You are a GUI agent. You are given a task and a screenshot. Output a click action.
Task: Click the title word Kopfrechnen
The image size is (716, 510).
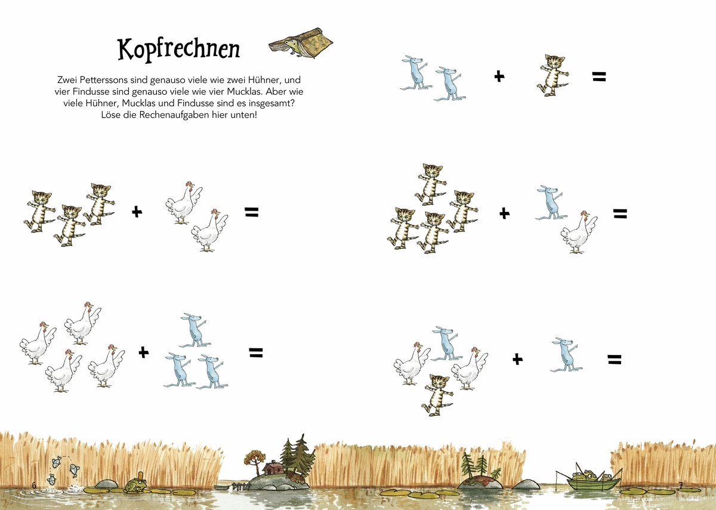(x=178, y=49)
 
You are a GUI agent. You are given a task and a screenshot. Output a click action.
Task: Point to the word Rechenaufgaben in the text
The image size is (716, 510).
(x=174, y=115)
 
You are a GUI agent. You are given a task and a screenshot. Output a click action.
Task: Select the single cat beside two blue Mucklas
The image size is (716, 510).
(x=553, y=75)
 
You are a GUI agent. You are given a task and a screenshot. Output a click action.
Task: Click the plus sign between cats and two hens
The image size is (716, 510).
(x=137, y=212)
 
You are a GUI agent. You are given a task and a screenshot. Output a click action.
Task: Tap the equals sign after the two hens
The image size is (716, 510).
(x=252, y=212)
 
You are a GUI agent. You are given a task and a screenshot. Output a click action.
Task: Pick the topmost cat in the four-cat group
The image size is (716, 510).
(x=431, y=184)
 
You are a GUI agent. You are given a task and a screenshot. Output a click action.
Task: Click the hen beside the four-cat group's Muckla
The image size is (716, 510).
(x=579, y=232)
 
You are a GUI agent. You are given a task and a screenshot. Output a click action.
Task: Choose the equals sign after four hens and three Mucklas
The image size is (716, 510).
(x=256, y=353)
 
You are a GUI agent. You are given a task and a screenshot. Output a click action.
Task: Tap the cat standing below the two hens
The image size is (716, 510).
(x=437, y=395)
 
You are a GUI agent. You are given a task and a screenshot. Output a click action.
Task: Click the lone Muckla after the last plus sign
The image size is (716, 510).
(x=566, y=354)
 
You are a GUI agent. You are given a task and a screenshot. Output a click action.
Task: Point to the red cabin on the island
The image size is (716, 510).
(x=273, y=468)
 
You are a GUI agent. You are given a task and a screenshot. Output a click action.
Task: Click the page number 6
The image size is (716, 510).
(x=34, y=485)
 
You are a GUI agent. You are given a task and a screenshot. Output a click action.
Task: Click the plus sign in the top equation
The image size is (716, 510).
(x=499, y=76)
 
